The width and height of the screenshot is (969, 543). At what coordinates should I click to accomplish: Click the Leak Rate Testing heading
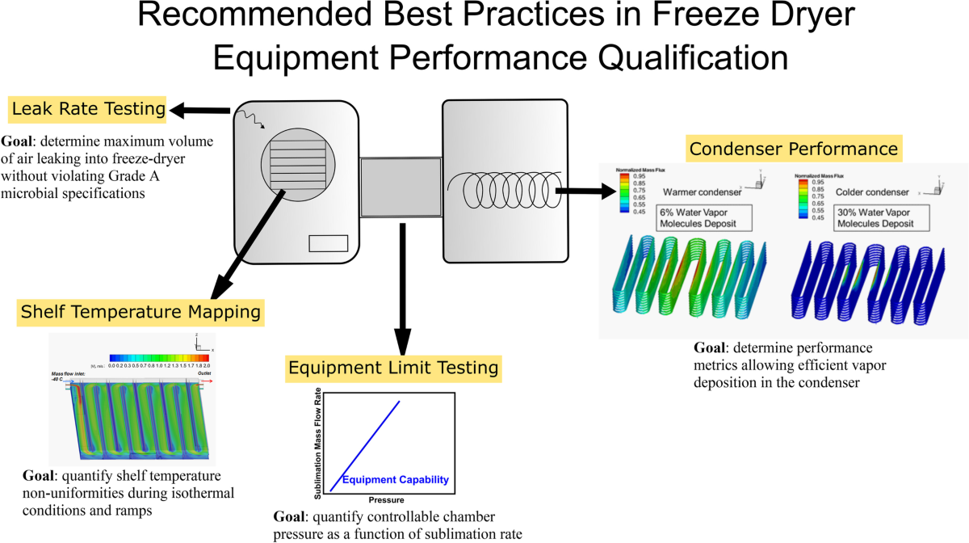tap(87, 108)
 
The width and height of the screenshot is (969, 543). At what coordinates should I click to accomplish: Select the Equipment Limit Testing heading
tap(393, 368)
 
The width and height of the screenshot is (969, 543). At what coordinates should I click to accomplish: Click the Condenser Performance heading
tap(792, 149)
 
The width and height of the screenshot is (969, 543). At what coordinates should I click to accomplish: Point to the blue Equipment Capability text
tap(395, 480)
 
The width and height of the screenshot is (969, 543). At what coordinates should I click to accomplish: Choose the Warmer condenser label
tap(695, 193)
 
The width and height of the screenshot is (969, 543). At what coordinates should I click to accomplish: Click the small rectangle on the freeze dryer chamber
tap(329, 243)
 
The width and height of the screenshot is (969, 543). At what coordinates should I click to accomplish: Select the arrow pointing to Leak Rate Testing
tap(202, 109)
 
